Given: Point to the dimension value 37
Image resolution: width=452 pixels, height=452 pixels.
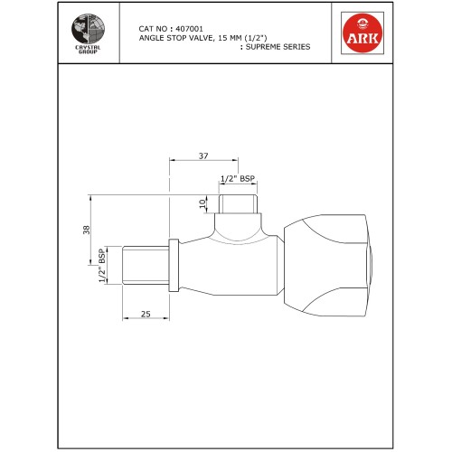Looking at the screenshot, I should click(x=202, y=156).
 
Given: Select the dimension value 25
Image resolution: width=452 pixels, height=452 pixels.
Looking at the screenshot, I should click(x=145, y=315).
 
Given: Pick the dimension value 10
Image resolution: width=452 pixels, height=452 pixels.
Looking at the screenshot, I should click(x=202, y=204).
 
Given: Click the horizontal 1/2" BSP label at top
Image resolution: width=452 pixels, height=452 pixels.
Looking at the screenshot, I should click(x=239, y=181).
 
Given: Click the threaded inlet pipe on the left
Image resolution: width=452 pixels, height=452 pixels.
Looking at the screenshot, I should click(x=144, y=265).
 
